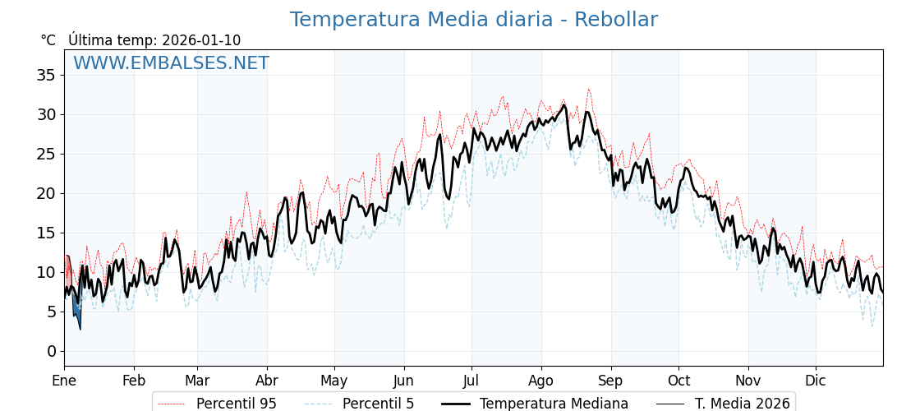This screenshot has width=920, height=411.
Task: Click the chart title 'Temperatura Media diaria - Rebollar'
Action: pyautogui.click(x=473, y=20)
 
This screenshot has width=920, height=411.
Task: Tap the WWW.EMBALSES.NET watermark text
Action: pyautogui.click(x=171, y=63)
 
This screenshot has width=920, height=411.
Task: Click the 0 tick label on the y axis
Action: pyautogui.click(x=51, y=351)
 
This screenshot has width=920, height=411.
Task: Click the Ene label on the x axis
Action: pyautogui.click(x=64, y=381)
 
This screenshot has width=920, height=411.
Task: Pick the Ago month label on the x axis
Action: pyautogui.click(x=541, y=381)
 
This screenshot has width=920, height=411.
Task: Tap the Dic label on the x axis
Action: pyautogui.click(x=816, y=381)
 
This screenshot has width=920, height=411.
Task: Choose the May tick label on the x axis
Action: pyautogui.click(x=334, y=381)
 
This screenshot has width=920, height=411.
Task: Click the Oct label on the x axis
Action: pyautogui.click(x=678, y=381)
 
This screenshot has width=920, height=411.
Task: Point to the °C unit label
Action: pyautogui.click(x=48, y=40)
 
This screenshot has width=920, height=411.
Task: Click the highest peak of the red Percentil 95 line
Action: pyautogui.click(x=588, y=89)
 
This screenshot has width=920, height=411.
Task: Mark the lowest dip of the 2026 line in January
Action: pyautogui.click(x=80, y=329)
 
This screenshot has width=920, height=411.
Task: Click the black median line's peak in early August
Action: pyautogui.click(x=563, y=105)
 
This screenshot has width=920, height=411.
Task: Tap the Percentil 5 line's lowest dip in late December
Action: pyautogui.click(x=872, y=326)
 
